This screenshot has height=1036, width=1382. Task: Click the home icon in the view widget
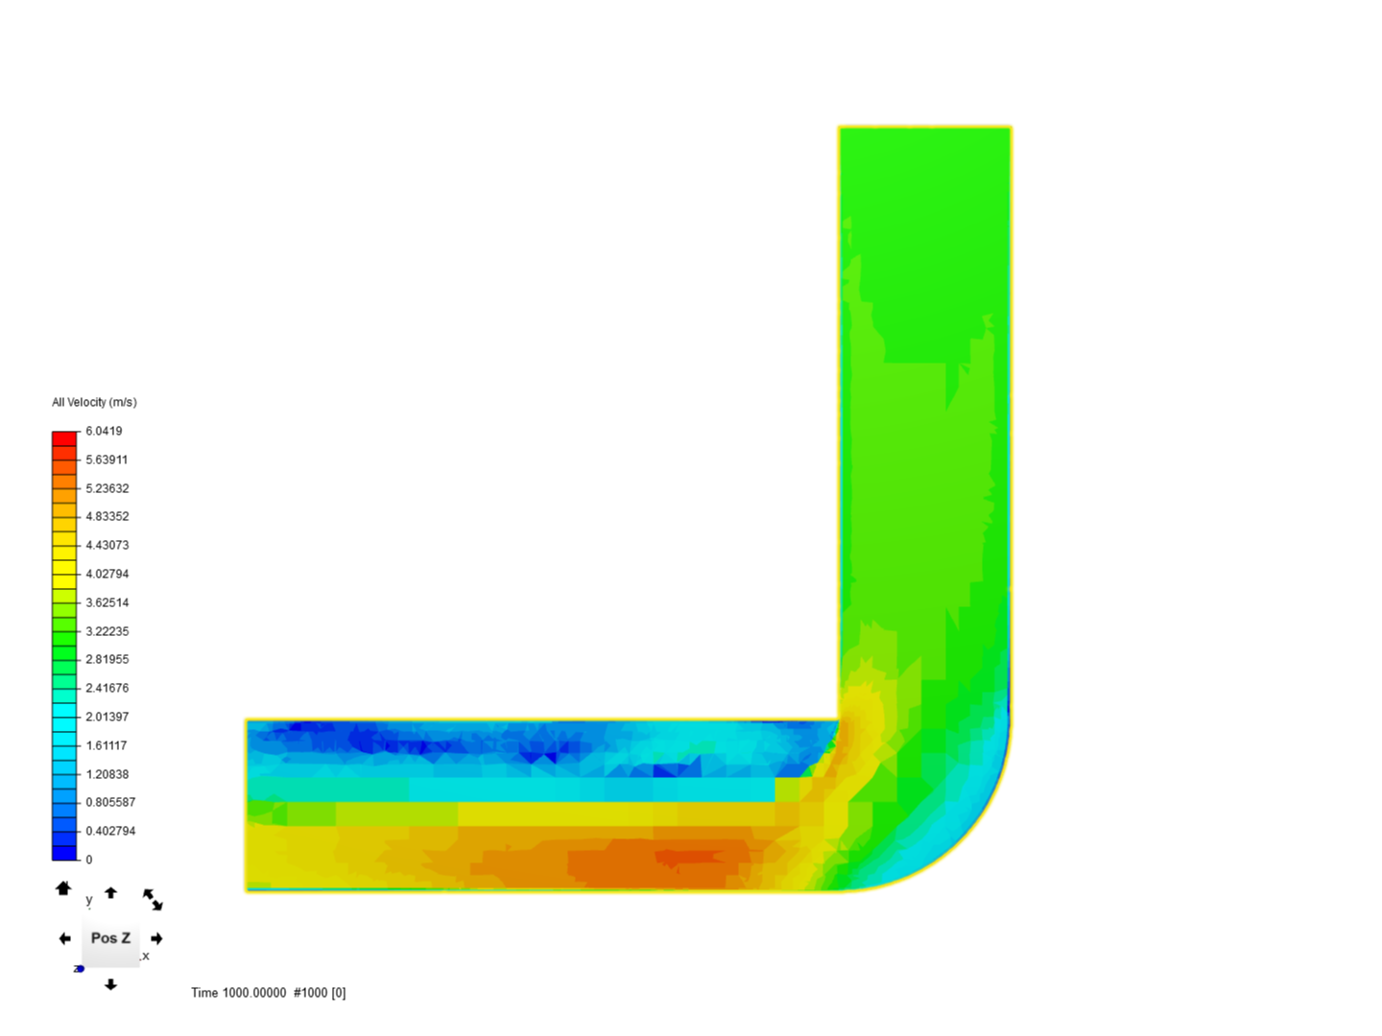pyautogui.click(x=63, y=888)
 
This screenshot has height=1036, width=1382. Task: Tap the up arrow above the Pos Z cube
pyautogui.click(x=110, y=892)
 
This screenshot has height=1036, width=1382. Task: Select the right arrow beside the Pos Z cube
pyautogui.click(x=156, y=938)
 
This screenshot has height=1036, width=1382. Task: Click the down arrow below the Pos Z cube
pyautogui.click(x=110, y=984)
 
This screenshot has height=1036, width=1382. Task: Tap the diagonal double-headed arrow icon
pyautogui.click(x=153, y=900)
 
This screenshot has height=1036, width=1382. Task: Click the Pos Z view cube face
pyautogui.click(x=110, y=938)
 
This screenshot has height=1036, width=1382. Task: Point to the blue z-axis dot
pyautogui.click(x=80, y=969)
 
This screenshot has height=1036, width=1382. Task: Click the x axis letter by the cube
pyautogui.click(x=146, y=956)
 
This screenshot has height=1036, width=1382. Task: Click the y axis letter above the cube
pyautogui.click(x=89, y=900)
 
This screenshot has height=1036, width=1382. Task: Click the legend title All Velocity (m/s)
pyautogui.click(x=94, y=402)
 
